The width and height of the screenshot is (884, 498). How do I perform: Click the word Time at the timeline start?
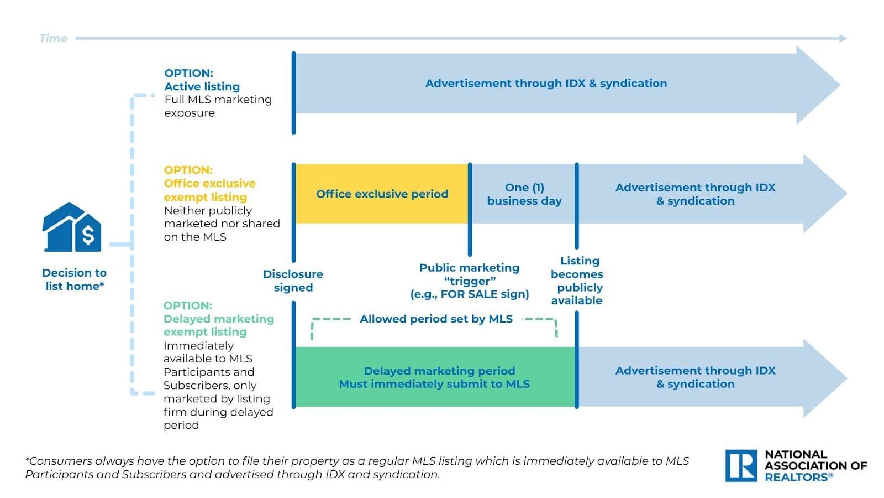point(53,38)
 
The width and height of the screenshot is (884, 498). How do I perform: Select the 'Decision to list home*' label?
point(74,279)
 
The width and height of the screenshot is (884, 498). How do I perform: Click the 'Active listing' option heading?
point(202,86)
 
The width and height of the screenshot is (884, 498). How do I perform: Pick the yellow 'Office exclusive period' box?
point(382,194)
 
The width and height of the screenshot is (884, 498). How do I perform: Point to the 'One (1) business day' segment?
point(524,194)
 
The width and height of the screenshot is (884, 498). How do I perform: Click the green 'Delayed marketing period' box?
point(434,377)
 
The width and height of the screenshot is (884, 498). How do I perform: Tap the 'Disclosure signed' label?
point(293,281)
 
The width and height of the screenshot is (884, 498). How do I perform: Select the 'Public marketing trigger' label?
point(469,281)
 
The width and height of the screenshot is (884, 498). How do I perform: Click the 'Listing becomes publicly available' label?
point(577,281)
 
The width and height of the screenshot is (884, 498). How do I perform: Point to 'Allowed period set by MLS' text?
point(436,319)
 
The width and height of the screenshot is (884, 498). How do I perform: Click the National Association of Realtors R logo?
point(741,465)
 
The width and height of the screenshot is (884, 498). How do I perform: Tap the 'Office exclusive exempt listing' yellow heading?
point(209,190)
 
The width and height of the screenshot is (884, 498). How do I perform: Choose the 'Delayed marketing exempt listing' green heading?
point(218,325)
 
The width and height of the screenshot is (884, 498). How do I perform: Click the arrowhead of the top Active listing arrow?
point(818,85)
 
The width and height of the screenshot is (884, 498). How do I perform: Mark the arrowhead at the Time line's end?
point(843,38)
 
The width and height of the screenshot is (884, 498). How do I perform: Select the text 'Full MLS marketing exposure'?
point(218,106)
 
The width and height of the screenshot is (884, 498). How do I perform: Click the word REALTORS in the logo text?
point(797,477)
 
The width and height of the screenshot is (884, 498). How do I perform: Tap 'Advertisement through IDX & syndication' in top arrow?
point(546,84)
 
